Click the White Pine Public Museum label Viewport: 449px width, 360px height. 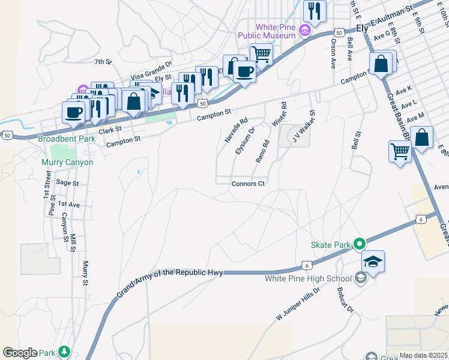275,31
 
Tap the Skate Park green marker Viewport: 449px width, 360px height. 360,244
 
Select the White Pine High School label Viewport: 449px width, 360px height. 308,278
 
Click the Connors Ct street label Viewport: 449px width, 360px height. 249,184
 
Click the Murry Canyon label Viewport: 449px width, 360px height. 67,162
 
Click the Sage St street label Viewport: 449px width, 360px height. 63,182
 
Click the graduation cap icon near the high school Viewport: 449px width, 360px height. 373,262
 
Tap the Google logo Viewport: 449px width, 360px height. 20,353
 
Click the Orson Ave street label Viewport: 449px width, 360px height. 333,52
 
